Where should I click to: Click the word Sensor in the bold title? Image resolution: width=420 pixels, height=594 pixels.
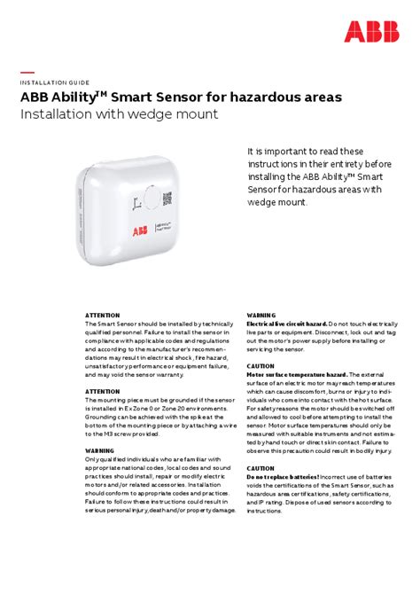pyautogui.click(x=180, y=97)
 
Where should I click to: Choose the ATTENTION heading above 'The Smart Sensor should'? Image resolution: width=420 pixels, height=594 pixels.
pyautogui.click(x=103, y=315)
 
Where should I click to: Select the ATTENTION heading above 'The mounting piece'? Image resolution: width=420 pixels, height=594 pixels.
pyautogui.click(x=103, y=390)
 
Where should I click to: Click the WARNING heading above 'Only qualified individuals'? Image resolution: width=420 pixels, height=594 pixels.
pyautogui.click(x=101, y=449)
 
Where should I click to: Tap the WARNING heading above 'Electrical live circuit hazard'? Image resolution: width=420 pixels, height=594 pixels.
pyautogui.click(x=262, y=315)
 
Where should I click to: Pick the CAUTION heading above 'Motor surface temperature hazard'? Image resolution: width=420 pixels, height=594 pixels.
pyautogui.click(x=261, y=365)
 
